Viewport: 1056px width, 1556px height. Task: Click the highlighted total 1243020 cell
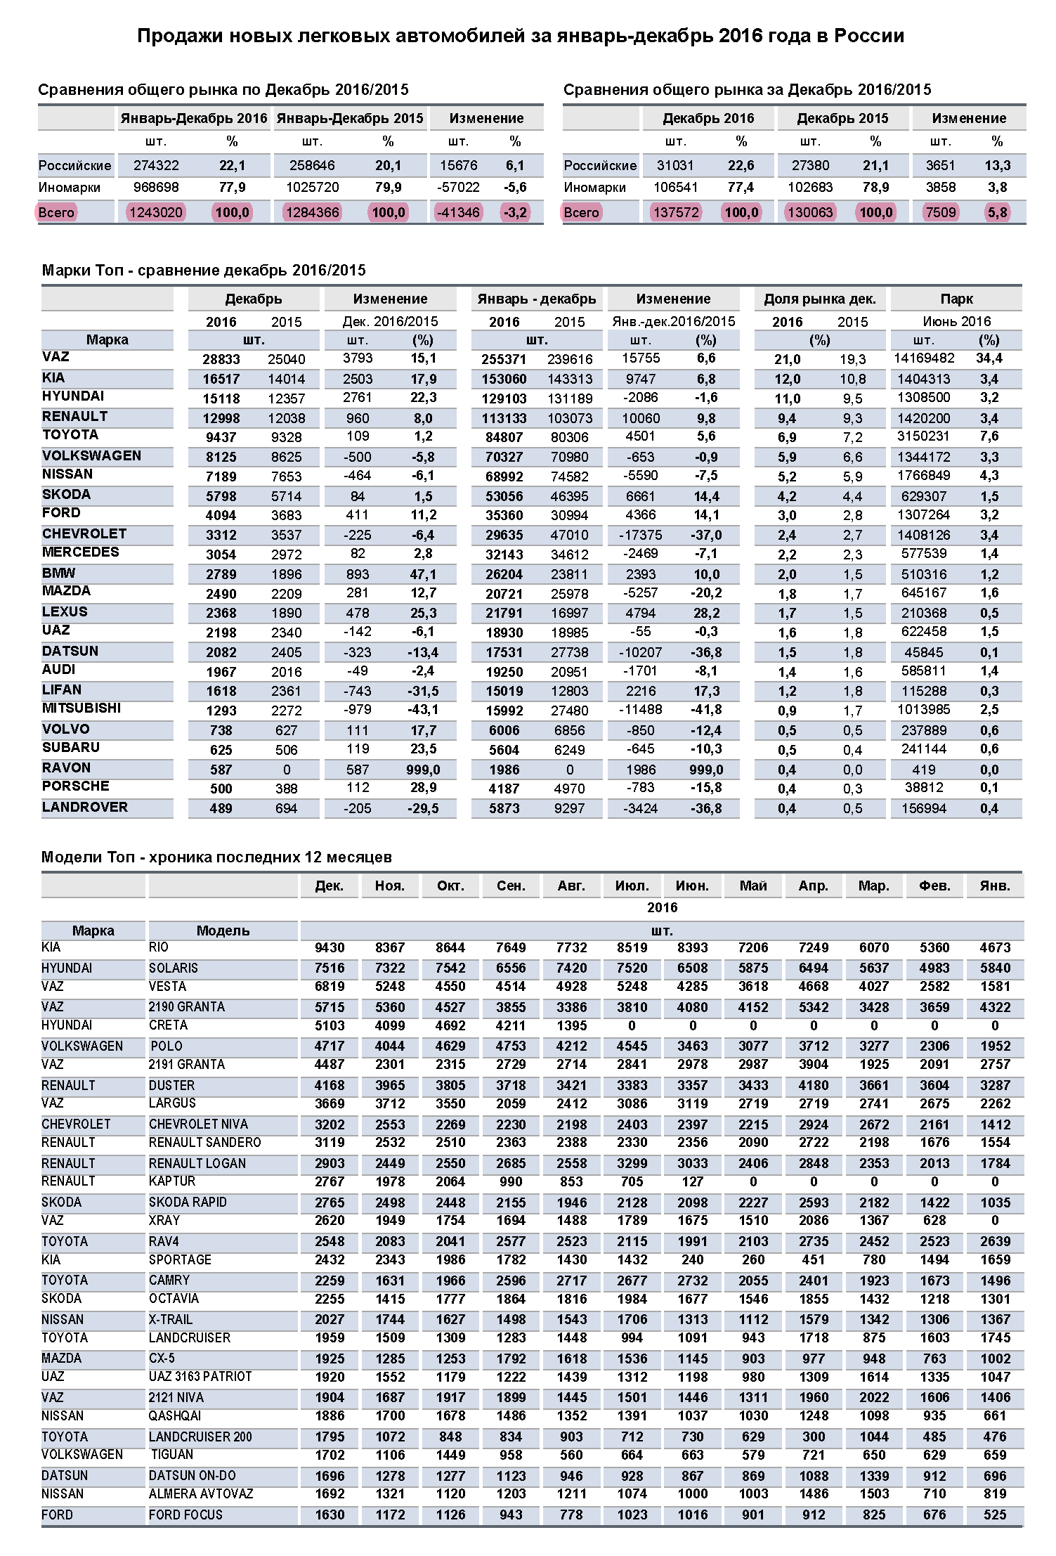(156, 212)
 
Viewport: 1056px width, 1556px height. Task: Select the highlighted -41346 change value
(459, 212)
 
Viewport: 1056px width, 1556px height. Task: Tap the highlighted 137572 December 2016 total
(675, 212)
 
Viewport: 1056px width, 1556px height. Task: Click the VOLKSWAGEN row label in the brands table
(91, 455)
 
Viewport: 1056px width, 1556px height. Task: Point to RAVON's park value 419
(923, 770)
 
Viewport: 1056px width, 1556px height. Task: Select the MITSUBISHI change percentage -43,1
(423, 710)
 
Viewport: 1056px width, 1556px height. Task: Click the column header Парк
(956, 299)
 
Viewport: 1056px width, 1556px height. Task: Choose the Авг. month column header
(571, 886)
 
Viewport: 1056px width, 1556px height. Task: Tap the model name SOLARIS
(174, 968)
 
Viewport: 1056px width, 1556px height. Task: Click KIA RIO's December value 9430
(330, 947)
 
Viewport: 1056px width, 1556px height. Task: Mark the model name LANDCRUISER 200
(200, 1437)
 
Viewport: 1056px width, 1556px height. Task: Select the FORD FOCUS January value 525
(995, 1515)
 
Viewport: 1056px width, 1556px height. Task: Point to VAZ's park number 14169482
(923, 358)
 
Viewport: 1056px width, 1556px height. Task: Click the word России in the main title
(869, 36)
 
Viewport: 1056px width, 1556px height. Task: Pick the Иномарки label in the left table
(69, 188)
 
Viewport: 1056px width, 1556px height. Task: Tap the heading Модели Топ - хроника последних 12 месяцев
(216, 857)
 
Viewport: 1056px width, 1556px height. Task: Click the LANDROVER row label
(85, 807)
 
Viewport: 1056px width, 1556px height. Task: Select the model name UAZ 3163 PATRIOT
(200, 1376)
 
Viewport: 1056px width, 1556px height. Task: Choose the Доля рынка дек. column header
(819, 299)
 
